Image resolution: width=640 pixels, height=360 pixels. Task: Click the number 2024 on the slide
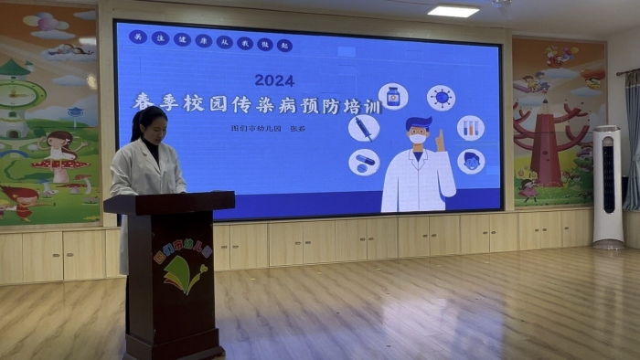[274, 80]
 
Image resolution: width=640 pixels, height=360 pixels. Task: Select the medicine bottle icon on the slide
[393, 96]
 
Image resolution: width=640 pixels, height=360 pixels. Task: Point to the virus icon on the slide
[441, 98]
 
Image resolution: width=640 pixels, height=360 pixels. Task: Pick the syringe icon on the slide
[364, 128]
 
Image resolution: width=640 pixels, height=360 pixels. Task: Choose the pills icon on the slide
[364, 162]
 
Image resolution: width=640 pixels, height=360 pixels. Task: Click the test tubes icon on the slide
[471, 128]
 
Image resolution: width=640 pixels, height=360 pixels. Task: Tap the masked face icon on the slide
[471, 162]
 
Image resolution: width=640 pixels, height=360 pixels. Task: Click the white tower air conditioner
[608, 186]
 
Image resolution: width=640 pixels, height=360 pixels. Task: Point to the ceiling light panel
[453, 12]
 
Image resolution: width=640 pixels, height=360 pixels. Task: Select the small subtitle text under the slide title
[269, 129]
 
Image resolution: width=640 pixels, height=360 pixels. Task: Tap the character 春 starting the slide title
[144, 102]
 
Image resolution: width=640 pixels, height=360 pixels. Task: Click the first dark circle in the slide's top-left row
[137, 37]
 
